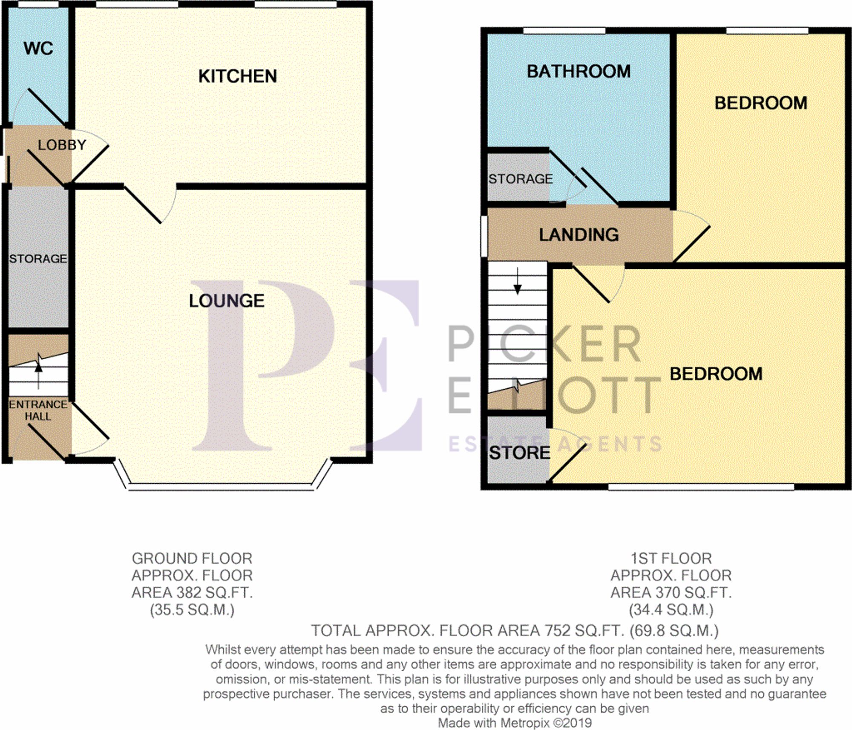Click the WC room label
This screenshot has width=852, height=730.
pyautogui.click(x=38, y=49)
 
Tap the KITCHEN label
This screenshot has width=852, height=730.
pyautogui.click(x=237, y=77)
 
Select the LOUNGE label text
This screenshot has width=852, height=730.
pyautogui.click(x=227, y=301)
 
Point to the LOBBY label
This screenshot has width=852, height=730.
pyautogui.click(x=62, y=145)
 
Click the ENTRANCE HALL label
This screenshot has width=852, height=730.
pyautogui.click(x=38, y=410)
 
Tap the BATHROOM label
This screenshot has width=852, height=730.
pyautogui.click(x=579, y=72)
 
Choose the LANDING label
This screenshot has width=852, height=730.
pyautogui.click(x=579, y=235)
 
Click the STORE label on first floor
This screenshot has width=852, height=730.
pyautogui.click(x=519, y=453)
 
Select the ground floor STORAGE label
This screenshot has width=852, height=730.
pyautogui.click(x=38, y=259)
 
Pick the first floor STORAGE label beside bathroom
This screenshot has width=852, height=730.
pyautogui.click(x=520, y=179)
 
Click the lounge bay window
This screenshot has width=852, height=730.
pyautogui.click(x=222, y=487)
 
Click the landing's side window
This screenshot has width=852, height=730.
pyautogui.click(x=484, y=237)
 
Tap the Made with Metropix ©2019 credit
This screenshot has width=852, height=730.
pyautogui.click(x=515, y=723)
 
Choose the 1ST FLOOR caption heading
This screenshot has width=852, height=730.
pyautogui.click(x=671, y=559)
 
